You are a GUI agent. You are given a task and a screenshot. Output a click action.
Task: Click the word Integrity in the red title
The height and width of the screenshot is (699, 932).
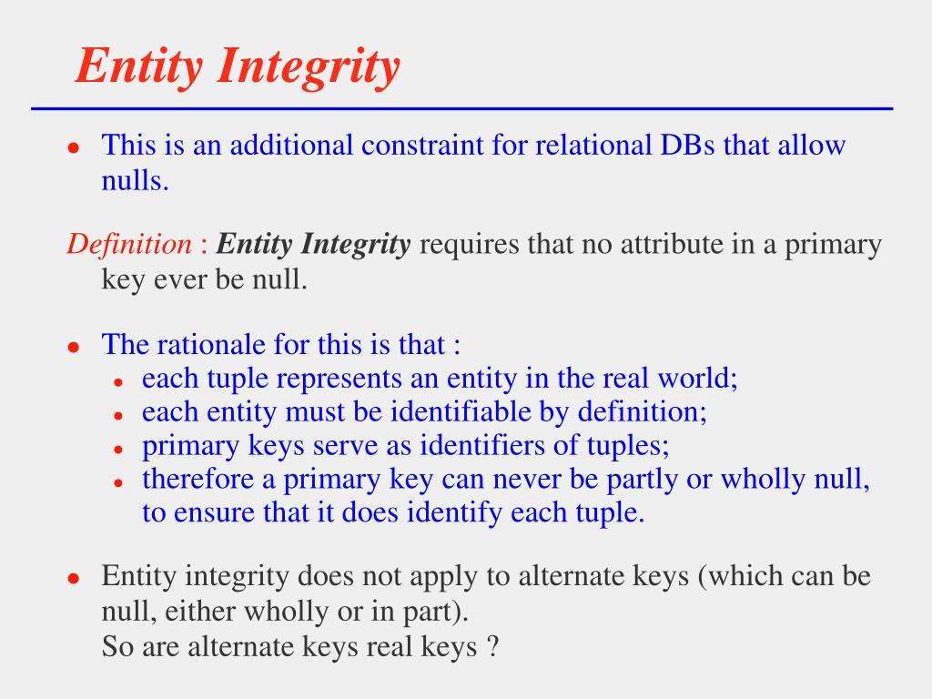309,66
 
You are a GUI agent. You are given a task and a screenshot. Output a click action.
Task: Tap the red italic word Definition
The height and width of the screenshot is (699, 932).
128,244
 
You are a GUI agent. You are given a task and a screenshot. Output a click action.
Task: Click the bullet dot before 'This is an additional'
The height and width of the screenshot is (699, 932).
76,147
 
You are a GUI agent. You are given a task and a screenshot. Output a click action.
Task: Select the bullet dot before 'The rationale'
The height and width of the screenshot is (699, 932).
76,347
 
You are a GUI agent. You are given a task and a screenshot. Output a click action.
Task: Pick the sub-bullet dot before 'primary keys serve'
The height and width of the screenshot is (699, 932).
118,448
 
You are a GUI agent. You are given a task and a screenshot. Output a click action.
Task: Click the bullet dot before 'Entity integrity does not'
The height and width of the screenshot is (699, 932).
76,578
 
